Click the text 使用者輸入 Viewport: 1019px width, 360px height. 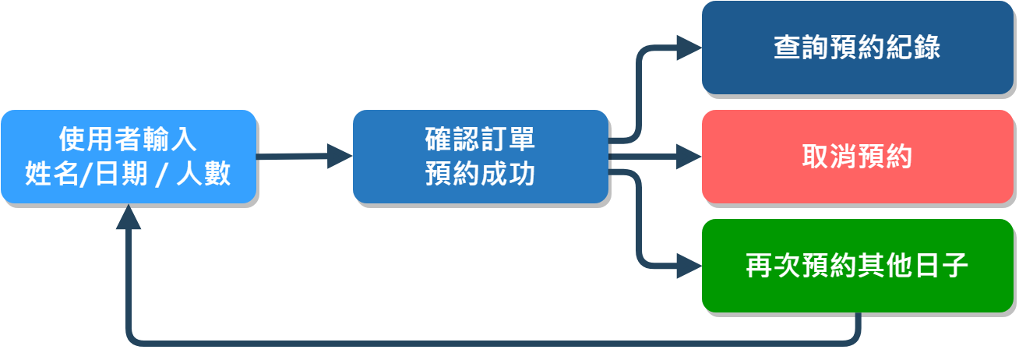(x=129, y=140)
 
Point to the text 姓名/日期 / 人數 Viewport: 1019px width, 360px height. (x=129, y=173)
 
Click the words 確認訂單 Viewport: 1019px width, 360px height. (x=480, y=140)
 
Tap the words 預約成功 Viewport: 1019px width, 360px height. (x=480, y=173)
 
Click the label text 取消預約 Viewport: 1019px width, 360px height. (x=857, y=157)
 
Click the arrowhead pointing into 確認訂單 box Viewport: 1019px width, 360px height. (x=340, y=157)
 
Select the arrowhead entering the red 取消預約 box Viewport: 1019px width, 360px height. (x=689, y=157)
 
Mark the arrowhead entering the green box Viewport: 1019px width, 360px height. (x=689, y=266)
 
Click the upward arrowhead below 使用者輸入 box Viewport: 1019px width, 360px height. (x=129, y=217)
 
